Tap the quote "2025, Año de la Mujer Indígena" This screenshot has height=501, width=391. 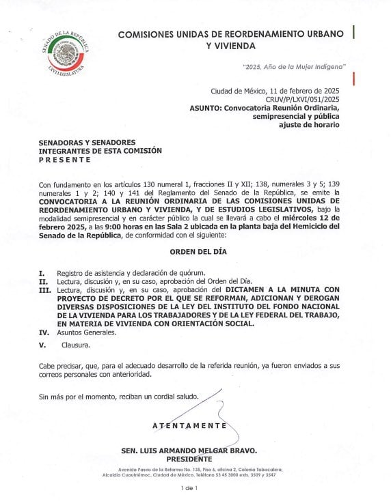pos(295,66)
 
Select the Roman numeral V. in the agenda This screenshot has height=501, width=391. pos(42,345)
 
